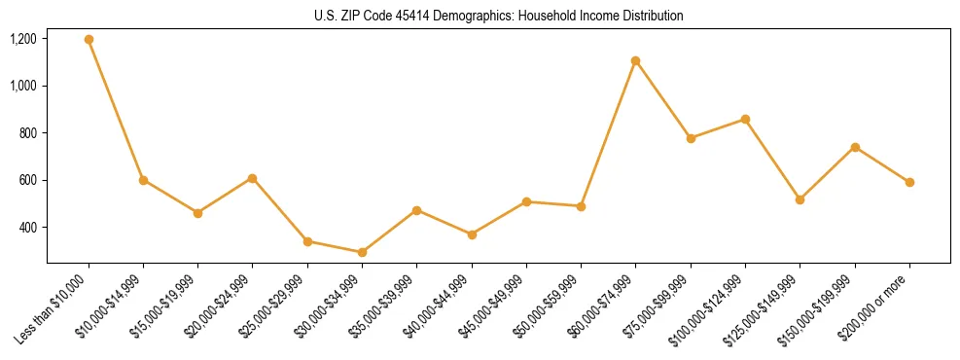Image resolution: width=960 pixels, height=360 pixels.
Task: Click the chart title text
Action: coord(498,16)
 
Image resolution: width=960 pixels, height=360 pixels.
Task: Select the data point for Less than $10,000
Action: coord(89,40)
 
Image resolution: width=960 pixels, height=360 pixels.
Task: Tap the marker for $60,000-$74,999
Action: coord(635,61)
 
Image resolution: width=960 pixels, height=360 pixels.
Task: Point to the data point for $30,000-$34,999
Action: coord(362,252)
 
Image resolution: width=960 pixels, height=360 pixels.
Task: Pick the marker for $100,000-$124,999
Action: coord(745,119)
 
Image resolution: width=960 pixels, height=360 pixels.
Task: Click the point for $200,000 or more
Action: coord(909,182)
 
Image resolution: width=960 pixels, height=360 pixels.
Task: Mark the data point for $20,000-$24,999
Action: coord(253,178)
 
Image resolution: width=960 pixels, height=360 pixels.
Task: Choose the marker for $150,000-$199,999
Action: coord(855,147)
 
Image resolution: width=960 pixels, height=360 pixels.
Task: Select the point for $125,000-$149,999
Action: coord(800,199)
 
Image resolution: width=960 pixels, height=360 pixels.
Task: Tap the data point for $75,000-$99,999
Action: coord(691,138)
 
